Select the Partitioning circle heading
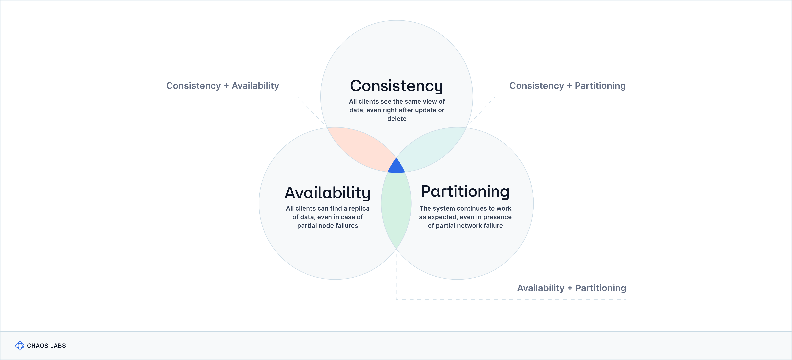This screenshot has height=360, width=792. coord(465,191)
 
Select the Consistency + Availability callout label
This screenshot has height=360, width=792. coord(223,86)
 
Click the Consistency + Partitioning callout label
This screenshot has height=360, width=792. coord(567,86)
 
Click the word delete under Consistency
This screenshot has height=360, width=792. coord(397,119)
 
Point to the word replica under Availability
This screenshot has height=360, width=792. coord(359,208)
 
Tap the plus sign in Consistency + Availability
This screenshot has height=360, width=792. coord(226,86)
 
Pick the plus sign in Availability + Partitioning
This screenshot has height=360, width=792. coord(570,288)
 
